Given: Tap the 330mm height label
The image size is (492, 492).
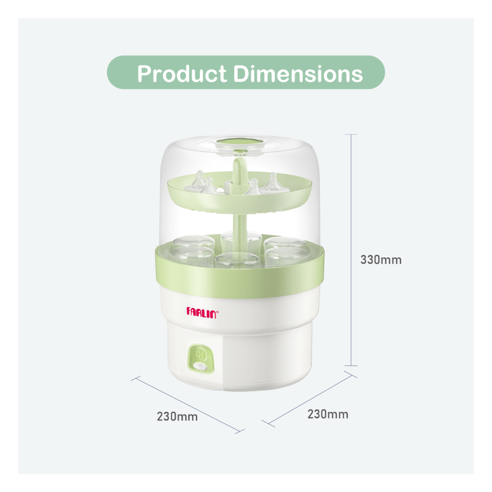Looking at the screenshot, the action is click(380, 260).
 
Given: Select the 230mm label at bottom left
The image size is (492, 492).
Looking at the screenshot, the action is click(177, 417).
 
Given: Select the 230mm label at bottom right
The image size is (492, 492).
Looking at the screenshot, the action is click(328, 414).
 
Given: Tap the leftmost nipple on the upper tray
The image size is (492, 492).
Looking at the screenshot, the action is click(199, 179).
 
